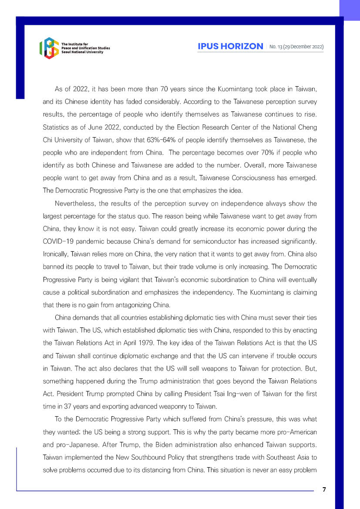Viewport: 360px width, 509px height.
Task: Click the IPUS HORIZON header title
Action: point(230,46)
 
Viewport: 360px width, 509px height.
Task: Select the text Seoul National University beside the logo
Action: point(82,52)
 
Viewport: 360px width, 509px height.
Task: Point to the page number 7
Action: point(324,489)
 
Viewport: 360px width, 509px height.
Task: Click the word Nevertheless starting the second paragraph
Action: point(75,204)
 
